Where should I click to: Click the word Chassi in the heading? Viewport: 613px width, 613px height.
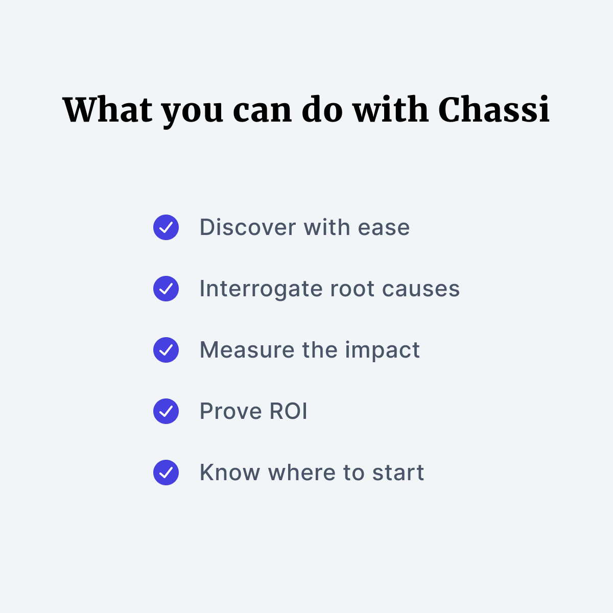tap(493, 109)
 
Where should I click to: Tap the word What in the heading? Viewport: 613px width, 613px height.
tap(107, 110)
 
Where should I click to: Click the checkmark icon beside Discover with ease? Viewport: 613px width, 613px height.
tap(166, 227)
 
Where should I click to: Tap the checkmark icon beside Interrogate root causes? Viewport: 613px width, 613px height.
tap(166, 289)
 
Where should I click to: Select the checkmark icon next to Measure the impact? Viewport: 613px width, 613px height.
tap(166, 350)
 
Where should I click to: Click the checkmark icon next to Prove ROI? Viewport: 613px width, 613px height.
tap(166, 411)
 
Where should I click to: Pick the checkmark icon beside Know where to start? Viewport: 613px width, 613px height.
tap(166, 473)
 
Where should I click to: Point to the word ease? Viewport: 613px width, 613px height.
tap(384, 228)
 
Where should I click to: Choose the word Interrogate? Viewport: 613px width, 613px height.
tap(261, 290)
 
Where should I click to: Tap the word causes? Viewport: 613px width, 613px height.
tap(420, 290)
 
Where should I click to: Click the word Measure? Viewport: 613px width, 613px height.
tap(247, 350)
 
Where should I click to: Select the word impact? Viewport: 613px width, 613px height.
tap(383, 350)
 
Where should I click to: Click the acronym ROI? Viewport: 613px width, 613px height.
tap(288, 411)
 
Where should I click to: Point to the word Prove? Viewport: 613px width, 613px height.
tap(230, 411)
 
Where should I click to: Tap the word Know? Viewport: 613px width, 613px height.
tap(230, 473)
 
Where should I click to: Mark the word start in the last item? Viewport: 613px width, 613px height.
tap(398, 473)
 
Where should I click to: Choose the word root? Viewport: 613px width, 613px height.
tap(352, 290)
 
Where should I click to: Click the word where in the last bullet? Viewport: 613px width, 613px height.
tap(302, 473)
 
